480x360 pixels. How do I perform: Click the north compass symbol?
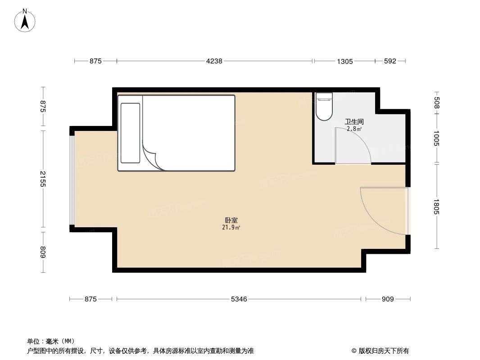point(26,21)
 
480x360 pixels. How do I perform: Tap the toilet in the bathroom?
point(323,107)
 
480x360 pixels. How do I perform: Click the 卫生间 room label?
point(354,121)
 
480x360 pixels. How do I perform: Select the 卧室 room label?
point(231,220)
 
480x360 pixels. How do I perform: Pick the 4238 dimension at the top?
point(214,61)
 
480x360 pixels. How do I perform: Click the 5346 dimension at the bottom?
point(239,299)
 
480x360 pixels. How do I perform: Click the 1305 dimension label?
point(344,61)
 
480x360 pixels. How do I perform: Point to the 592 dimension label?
point(390,61)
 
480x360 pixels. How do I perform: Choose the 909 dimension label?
point(388,299)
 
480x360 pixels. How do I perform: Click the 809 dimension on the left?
point(43,252)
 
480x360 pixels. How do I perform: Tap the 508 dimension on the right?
point(436,103)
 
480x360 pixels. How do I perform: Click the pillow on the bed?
point(130,133)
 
